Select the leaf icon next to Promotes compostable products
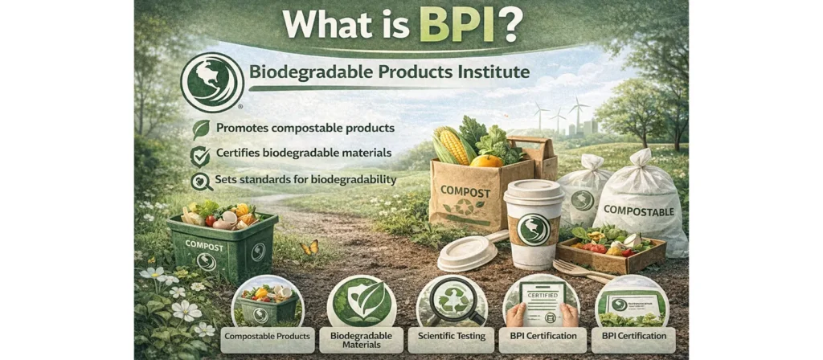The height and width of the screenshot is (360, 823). [x=200, y=129]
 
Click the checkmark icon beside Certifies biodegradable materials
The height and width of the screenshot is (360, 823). [x=199, y=155]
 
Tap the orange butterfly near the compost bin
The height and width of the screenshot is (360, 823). [x=309, y=247]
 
